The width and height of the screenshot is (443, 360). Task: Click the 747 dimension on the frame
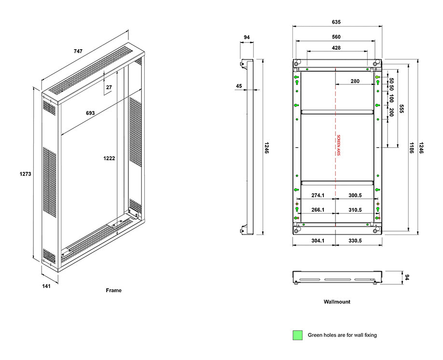[78, 51]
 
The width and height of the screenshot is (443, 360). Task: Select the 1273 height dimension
[26, 174]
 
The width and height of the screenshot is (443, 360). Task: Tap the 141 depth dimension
[46, 286]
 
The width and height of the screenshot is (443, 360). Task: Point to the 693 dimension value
[90, 113]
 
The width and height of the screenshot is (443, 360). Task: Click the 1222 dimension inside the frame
[109, 158]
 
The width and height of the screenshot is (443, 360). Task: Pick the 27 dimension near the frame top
[109, 87]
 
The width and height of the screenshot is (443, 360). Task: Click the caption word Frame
[113, 290]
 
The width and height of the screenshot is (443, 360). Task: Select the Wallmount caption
[337, 302]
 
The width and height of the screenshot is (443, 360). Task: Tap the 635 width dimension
[336, 22]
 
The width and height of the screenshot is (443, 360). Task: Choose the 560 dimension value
[336, 37]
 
